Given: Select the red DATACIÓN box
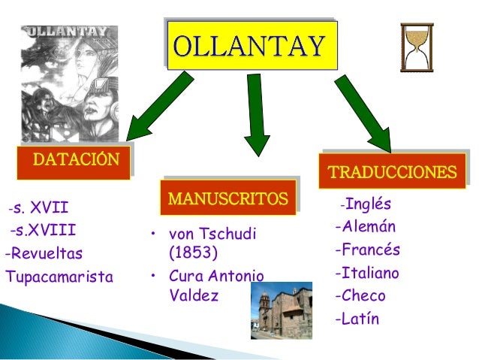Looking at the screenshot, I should pyautogui.click(x=75, y=161).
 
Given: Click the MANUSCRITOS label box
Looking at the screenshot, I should pyautogui.click(x=227, y=199).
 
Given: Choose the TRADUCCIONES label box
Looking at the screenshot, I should pyautogui.click(x=391, y=171).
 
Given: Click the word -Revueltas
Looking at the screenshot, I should pyautogui.click(x=44, y=253).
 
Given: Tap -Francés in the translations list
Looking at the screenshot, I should pyautogui.click(x=367, y=250).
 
